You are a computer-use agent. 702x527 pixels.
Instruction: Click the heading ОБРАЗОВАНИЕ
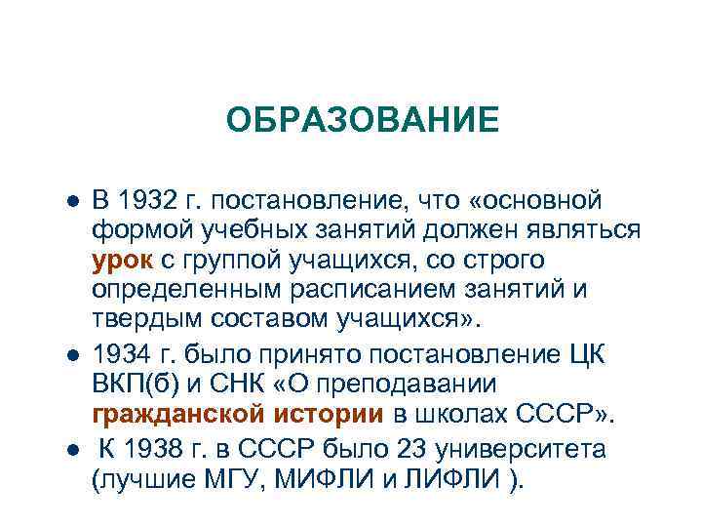[362, 121]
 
